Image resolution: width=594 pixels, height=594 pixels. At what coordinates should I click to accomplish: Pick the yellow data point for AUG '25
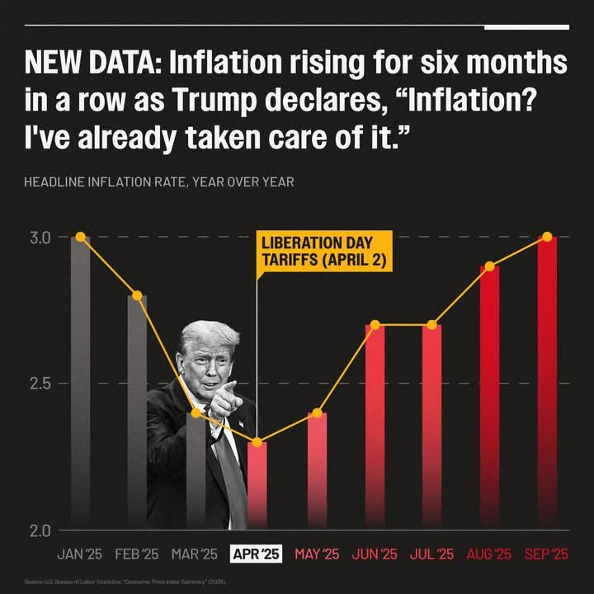coord(489,266)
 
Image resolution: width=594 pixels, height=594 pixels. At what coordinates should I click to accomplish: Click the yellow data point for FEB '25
coord(137,295)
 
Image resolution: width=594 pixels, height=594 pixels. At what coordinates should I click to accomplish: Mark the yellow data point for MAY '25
coord(317,412)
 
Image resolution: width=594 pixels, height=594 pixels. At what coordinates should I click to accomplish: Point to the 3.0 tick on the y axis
coord(40,238)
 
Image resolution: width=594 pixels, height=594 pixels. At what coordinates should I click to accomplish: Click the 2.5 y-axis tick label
coord(40,384)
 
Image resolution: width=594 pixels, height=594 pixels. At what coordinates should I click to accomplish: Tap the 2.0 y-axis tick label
coord(40,530)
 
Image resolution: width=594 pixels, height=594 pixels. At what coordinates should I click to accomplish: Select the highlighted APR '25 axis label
coord(257,554)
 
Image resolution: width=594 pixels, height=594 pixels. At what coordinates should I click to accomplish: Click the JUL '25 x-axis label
coord(431,554)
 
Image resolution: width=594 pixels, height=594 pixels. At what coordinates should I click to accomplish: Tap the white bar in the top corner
coord(526,26)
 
